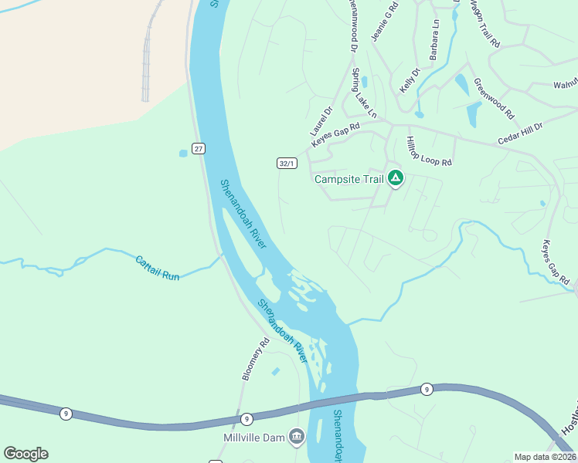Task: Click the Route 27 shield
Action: tap(199, 148)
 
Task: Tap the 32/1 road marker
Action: tap(287, 163)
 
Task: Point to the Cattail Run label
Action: tap(158, 268)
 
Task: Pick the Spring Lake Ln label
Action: tap(364, 93)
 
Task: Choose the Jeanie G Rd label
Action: tap(385, 22)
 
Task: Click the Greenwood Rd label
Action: tap(494, 96)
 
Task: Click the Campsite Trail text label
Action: tap(348, 179)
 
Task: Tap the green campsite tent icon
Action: tap(395, 179)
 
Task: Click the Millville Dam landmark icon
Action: tap(296, 438)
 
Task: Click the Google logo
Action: tap(25, 454)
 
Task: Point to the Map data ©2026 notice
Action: tap(545, 457)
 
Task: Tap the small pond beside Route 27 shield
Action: tap(183, 153)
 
